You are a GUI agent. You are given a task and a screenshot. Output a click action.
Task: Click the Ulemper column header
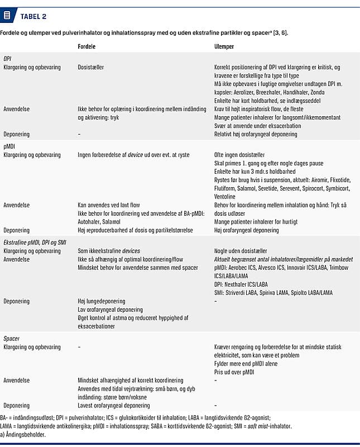pos(224,47)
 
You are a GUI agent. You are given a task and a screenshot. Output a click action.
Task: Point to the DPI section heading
pos(8,59)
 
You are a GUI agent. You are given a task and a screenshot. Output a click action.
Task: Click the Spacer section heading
pos(12,339)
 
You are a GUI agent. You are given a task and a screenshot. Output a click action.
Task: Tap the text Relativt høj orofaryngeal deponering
pos(256,134)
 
